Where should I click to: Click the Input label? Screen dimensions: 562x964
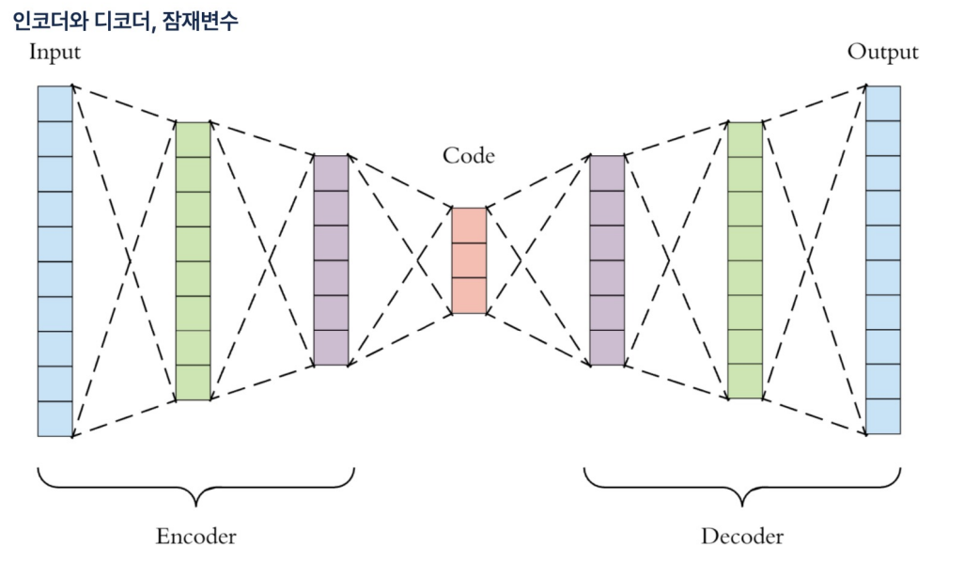click(x=54, y=52)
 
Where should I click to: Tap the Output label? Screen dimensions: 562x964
click(x=882, y=52)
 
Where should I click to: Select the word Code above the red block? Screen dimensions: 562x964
click(x=468, y=155)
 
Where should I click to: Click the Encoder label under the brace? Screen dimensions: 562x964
click(x=195, y=537)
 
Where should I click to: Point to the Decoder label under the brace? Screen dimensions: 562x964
click(x=741, y=537)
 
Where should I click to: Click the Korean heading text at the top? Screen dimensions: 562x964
click(x=125, y=20)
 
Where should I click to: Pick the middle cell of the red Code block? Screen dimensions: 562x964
click(x=469, y=260)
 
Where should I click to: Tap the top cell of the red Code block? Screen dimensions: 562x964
click(x=469, y=226)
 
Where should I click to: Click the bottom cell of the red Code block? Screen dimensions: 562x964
click(x=469, y=295)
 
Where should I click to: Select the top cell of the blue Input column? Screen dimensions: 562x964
click(x=54, y=103)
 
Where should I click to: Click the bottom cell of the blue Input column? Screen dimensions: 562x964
click(x=54, y=418)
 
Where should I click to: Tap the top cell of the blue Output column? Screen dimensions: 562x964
click(x=882, y=103)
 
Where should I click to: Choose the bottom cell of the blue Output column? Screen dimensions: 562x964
click(x=882, y=416)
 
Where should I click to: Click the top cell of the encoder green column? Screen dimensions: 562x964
click(x=193, y=139)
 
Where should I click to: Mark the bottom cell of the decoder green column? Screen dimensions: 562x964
click(x=744, y=381)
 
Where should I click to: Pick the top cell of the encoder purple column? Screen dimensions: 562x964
click(x=330, y=173)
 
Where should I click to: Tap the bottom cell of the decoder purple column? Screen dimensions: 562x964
click(x=606, y=348)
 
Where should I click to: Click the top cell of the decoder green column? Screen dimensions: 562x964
click(x=744, y=139)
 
